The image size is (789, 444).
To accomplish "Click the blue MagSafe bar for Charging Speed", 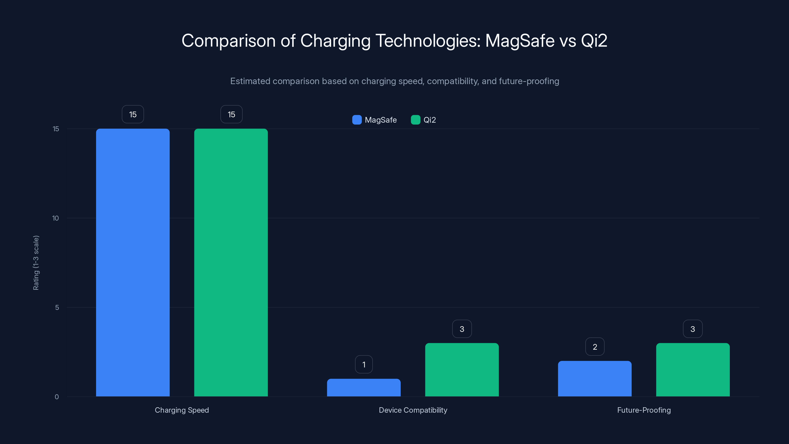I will (133, 262).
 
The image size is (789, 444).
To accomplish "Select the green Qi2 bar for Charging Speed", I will (231, 262).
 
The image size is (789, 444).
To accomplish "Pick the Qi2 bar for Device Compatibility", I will (462, 370).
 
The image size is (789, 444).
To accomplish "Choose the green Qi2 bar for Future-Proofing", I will (693, 370).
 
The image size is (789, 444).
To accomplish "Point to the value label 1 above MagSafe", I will (364, 365).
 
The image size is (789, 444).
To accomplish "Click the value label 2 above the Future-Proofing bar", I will (595, 347).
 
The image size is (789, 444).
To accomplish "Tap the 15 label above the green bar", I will (231, 114).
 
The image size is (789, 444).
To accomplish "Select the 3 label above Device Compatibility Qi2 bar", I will (462, 329).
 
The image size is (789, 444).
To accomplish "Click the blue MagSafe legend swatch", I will (357, 120).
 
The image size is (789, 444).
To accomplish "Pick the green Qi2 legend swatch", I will (415, 120).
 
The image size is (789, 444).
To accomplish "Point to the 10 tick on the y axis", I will (55, 218).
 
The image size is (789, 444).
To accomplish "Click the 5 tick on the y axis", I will (57, 307).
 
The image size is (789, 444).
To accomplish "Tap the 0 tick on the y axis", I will (57, 397).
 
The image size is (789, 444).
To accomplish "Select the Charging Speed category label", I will (182, 410).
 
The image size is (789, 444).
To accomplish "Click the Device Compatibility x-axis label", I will (413, 410).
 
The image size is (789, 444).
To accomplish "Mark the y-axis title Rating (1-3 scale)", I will (36, 263).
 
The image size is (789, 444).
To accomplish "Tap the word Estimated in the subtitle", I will (250, 81).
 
